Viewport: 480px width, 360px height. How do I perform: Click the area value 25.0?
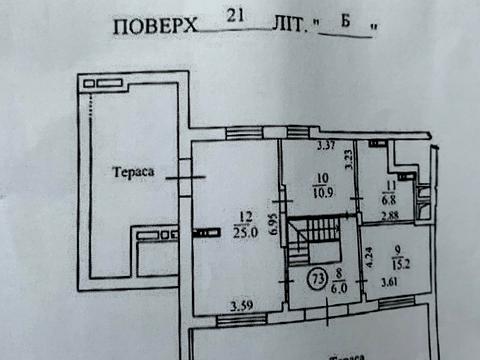[244, 233]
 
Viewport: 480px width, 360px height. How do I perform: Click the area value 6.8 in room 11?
[390, 198]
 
